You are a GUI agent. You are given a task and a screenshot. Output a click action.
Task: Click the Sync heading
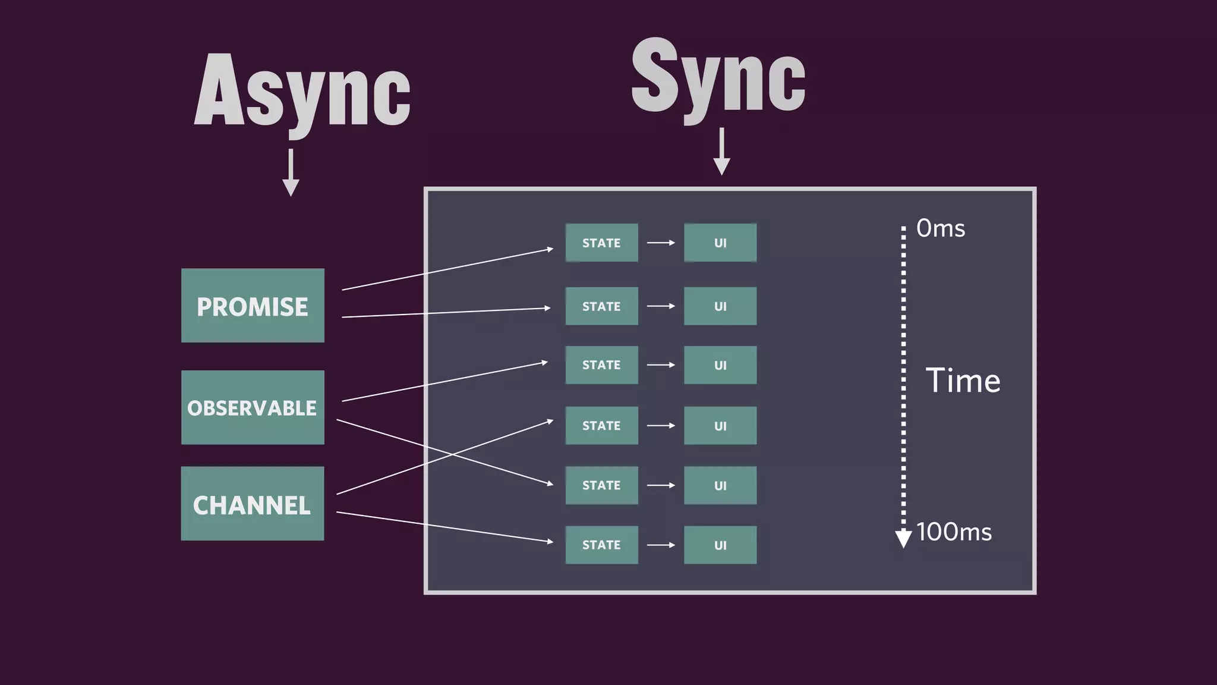[x=718, y=77]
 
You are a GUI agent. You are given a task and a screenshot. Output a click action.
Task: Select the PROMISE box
[x=253, y=306]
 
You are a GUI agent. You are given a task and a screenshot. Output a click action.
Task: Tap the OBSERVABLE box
[x=253, y=408]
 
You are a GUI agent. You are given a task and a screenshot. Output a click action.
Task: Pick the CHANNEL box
[x=253, y=504]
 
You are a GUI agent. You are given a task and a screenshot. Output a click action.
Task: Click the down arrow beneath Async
[x=291, y=173]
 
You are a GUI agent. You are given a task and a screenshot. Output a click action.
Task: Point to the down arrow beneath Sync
[x=721, y=152]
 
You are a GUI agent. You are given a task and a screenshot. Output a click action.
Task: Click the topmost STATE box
[x=601, y=243]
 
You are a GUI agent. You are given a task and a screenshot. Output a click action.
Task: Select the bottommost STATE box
[x=601, y=545]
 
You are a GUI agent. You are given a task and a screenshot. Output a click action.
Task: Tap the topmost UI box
[x=720, y=243]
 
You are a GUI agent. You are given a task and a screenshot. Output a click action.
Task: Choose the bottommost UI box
[x=720, y=545]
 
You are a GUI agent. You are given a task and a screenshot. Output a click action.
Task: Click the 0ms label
[x=941, y=228]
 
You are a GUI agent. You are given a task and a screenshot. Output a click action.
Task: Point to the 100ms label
[x=954, y=532]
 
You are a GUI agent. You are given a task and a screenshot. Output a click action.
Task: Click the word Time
[x=963, y=381]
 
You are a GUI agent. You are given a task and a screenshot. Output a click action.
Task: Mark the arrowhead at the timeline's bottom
[x=903, y=538]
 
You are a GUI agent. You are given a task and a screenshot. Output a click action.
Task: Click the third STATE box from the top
[x=601, y=365]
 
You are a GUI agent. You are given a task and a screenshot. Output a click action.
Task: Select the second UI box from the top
[x=720, y=306]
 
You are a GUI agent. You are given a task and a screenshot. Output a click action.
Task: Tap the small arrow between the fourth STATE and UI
[x=661, y=426]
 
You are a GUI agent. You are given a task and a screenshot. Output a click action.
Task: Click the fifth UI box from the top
[x=720, y=485]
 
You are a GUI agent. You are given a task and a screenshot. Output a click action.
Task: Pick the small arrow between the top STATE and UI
[x=661, y=243]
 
